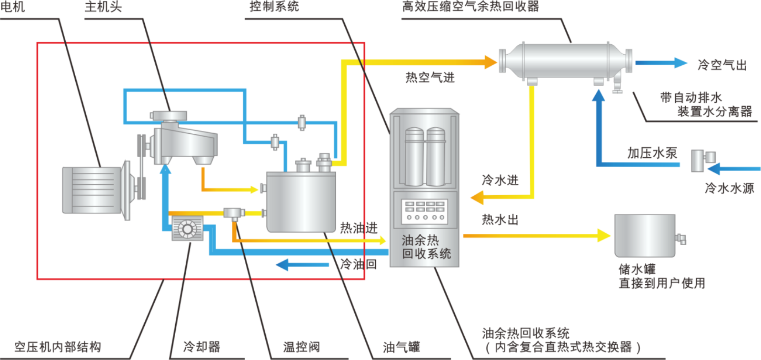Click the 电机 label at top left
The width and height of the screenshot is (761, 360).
tap(13, 7)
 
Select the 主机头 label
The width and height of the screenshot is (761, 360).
tap(103, 7)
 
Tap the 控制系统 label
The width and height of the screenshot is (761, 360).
tap(274, 6)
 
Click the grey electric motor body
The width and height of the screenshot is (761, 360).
tap(93, 190)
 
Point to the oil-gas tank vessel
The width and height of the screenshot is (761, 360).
tap(301, 200)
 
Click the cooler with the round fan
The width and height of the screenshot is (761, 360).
tap(188, 229)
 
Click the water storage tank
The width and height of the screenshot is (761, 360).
tap(645, 235)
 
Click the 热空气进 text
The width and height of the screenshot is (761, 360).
tap(430, 77)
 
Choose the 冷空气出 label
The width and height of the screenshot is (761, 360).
tap(721, 65)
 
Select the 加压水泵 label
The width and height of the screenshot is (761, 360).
tap(652, 153)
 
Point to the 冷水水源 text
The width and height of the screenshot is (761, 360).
tap(729, 189)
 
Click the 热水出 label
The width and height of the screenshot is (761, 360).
tap(500, 220)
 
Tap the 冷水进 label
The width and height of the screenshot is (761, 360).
tap(500, 180)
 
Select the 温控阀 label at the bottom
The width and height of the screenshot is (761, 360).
tap(301, 347)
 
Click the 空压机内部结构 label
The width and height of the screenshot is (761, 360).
tap(58, 347)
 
